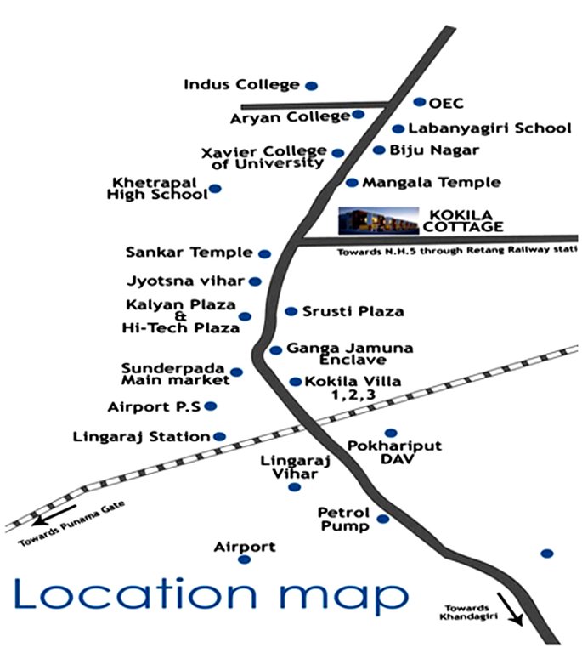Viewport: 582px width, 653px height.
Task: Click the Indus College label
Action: (x=241, y=84)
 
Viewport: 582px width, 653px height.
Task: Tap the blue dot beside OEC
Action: (x=419, y=102)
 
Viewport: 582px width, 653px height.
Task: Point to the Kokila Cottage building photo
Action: (x=379, y=219)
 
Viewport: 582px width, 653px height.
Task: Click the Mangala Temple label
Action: (x=431, y=182)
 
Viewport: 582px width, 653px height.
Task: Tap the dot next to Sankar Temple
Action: (x=264, y=253)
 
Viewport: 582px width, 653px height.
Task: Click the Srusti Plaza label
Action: (x=353, y=312)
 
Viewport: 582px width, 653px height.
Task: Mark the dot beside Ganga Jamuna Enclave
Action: (x=275, y=350)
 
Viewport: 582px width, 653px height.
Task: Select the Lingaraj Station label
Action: (x=142, y=436)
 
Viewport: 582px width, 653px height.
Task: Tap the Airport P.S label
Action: (x=154, y=406)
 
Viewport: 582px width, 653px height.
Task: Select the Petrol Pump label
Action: (x=343, y=520)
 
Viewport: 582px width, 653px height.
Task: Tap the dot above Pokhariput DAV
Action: (x=391, y=433)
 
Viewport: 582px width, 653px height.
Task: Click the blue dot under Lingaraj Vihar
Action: (x=294, y=487)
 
